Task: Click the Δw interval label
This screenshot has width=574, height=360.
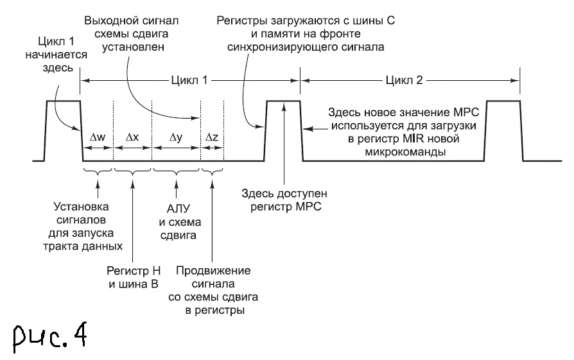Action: [98, 138]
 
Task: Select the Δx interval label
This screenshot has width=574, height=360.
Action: [132, 138]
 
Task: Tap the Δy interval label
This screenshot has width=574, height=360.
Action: [176, 138]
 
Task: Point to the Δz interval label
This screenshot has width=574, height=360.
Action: [212, 138]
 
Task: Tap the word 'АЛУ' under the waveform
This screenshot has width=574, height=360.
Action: [176, 210]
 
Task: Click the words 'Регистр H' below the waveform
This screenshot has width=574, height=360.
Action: [132, 271]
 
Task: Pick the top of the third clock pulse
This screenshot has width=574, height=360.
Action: [503, 101]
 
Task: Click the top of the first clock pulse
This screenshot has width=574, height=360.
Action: [62, 101]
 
